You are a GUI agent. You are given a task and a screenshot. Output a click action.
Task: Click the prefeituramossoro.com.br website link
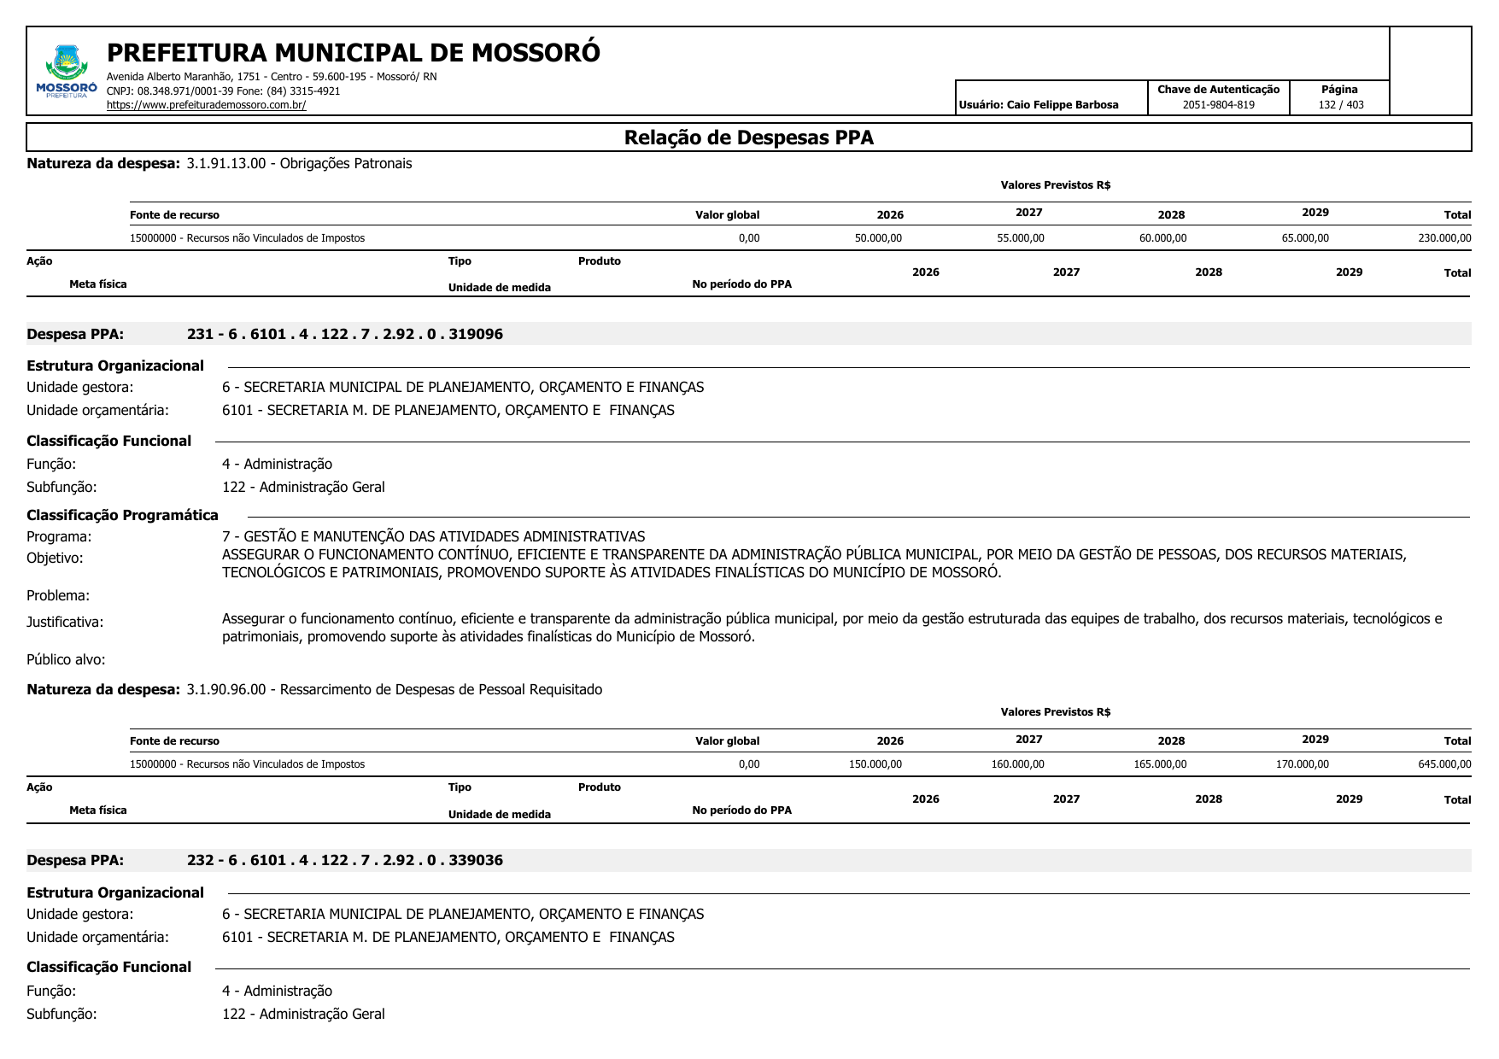pyautogui.click(x=206, y=105)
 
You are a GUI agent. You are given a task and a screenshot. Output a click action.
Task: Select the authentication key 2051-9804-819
pyautogui.click(x=1218, y=105)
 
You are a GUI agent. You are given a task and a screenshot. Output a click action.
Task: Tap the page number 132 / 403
pyautogui.click(x=1340, y=105)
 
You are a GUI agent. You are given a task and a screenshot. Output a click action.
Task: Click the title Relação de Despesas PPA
pyautogui.click(x=748, y=137)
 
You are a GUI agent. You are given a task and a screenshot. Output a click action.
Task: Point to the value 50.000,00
pyautogui.click(x=877, y=238)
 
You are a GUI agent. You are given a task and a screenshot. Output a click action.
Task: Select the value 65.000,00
pyautogui.click(x=1304, y=238)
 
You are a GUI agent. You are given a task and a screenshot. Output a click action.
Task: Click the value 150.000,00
pyautogui.click(x=875, y=764)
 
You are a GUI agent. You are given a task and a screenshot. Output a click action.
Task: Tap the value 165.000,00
pyautogui.click(x=1159, y=764)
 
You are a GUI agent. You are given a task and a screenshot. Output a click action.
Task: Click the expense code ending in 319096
pyautogui.click(x=345, y=334)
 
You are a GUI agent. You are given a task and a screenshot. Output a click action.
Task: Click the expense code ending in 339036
pyautogui.click(x=345, y=860)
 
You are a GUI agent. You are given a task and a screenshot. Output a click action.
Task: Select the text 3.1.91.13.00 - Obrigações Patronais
pyautogui.click(x=299, y=163)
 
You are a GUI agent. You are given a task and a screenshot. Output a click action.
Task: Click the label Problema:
pyautogui.click(x=58, y=595)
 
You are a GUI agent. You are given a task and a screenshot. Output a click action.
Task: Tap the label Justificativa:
pyautogui.click(x=65, y=622)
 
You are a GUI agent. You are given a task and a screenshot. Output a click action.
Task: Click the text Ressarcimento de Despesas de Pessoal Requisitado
pyautogui.click(x=441, y=689)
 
